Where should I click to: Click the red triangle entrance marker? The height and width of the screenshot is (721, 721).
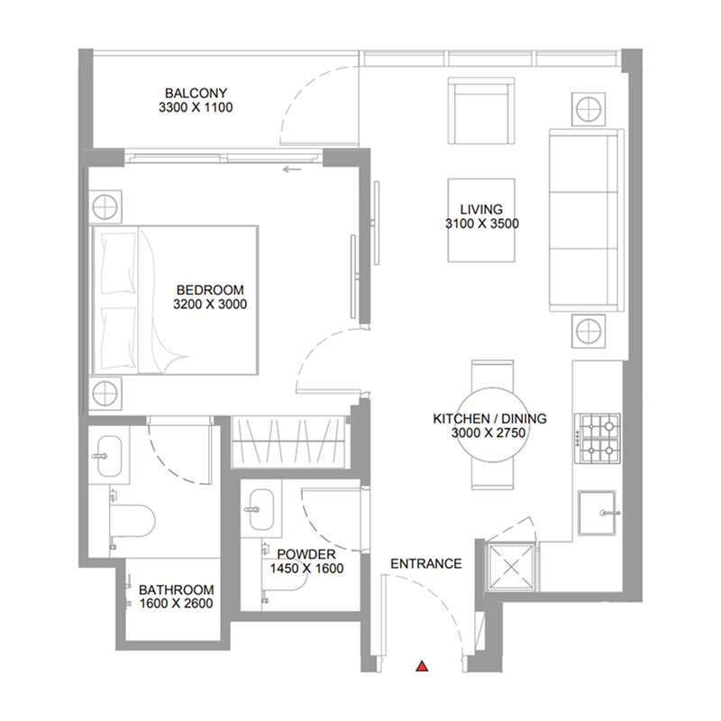coord(421,667)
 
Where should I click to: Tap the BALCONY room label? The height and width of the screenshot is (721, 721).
coord(196,93)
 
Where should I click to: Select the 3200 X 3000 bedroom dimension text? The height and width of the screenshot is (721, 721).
coord(210,305)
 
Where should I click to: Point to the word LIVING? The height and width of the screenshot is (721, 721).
coord(481,209)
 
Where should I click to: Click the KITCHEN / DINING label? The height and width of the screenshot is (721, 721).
coord(489,419)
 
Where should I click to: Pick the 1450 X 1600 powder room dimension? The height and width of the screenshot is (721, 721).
coord(306,569)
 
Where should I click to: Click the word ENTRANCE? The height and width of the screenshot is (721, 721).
coord(425,564)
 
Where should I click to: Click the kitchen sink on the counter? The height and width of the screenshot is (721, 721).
coord(598,512)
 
